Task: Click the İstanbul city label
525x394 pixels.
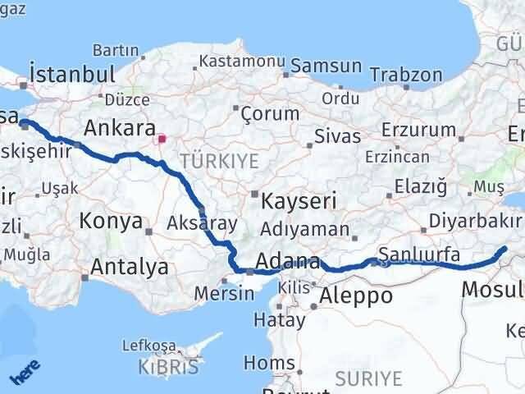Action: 71,74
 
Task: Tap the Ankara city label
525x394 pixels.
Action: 121,128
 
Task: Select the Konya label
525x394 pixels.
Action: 112,221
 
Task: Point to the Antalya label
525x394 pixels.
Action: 130,267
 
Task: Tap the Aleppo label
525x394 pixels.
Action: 356,295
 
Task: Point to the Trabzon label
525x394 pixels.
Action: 406,75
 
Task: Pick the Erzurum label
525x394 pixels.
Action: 421,130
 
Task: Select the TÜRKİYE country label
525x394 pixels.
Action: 220,159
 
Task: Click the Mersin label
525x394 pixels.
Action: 218,292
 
